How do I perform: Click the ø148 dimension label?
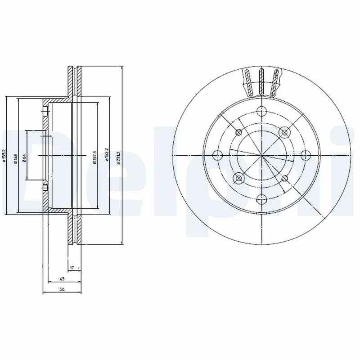[x=15, y=157]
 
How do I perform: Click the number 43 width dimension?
[x=61, y=279]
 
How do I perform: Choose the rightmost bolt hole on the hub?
[x=305, y=156]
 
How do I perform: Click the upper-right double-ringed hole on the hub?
[x=283, y=132]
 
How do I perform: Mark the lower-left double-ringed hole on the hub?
[x=238, y=178]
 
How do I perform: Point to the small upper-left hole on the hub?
[x=238, y=132]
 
